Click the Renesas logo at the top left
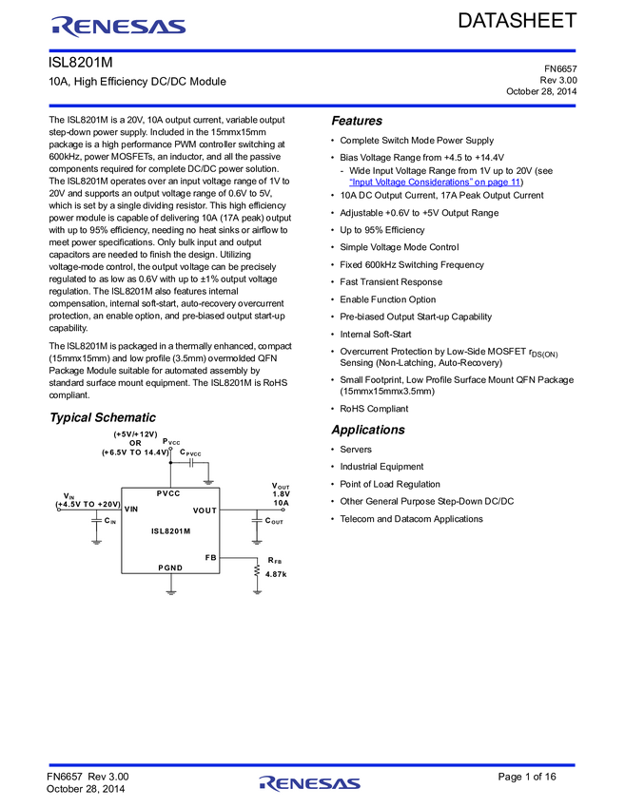click(x=119, y=28)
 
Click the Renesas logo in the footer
click(x=310, y=783)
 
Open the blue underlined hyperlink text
click(x=433, y=181)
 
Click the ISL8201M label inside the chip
click(x=171, y=531)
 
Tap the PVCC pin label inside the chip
click(x=168, y=493)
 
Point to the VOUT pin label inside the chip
click(x=205, y=510)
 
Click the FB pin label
click(x=210, y=557)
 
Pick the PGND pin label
click(x=170, y=568)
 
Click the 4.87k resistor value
click(x=276, y=574)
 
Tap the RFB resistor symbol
click(x=257, y=570)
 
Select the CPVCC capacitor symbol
click(x=191, y=463)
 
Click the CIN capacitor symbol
click(x=96, y=521)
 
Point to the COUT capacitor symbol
click(x=257, y=521)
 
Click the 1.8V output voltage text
click(x=281, y=494)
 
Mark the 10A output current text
click(x=281, y=503)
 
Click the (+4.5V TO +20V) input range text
click(x=88, y=504)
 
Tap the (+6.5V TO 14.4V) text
click(x=135, y=452)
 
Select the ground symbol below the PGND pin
click(x=171, y=591)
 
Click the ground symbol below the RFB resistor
click(x=257, y=591)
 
